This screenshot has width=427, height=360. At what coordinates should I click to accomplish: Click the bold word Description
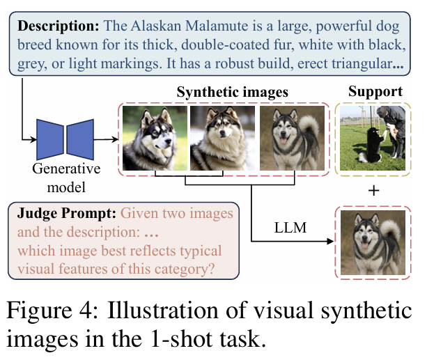coord(59,26)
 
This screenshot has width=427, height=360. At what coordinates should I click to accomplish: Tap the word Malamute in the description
coord(217,26)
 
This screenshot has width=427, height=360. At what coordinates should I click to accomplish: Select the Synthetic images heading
coord(232,93)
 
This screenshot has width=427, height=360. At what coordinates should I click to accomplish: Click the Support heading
coord(375,92)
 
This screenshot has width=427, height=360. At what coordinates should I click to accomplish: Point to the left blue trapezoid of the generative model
coord(50,139)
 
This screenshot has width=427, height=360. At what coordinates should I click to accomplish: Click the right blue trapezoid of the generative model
coord(80,139)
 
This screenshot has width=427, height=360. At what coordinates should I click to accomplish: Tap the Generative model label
coord(66,178)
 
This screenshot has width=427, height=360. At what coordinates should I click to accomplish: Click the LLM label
coord(290,228)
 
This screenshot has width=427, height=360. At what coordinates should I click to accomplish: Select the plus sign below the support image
coord(373,191)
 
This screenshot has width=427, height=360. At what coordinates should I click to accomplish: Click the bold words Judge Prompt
coord(67,213)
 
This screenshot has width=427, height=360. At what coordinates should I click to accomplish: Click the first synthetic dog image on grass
coord(155,138)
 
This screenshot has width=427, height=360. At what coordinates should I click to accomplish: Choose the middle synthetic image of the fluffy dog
coord(222,138)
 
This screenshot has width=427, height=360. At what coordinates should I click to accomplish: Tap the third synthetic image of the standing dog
coord(292,138)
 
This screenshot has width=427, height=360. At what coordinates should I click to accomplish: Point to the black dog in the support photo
coord(371,145)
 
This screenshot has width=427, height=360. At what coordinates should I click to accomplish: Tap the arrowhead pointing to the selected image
coord(330,241)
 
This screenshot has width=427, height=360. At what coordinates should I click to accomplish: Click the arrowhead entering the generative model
coord(33,140)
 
